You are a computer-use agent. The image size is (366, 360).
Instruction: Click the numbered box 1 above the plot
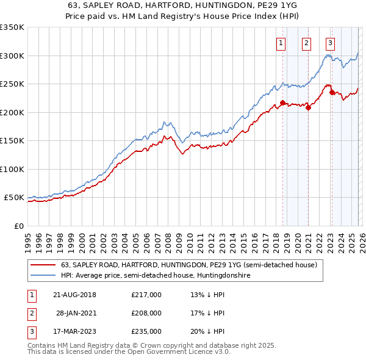(x=281, y=43)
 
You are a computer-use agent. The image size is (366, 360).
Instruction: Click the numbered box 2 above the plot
(x=306, y=43)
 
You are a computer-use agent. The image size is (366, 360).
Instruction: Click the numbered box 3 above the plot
(x=330, y=43)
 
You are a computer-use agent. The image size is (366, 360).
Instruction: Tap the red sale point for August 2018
(x=282, y=103)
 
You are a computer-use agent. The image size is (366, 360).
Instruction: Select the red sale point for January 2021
(x=309, y=108)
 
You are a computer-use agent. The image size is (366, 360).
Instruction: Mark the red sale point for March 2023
(x=332, y=93)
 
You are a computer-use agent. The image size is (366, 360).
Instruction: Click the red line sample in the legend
(x=44, y=265)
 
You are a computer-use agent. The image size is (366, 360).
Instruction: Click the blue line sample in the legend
(x=44, y=276)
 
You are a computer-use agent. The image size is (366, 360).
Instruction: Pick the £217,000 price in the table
(x=146, y=294)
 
